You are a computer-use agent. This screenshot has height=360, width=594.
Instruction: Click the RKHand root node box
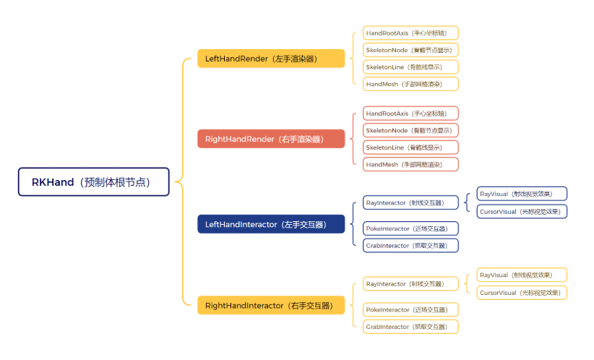click(x=94, y=182)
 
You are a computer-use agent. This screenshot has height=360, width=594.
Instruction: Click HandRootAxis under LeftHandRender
click(x=410, y=33)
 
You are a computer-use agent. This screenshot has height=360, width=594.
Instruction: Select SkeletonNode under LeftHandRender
click(x=410, y=50)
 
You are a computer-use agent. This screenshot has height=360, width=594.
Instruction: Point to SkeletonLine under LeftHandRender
click(x=410, y=67)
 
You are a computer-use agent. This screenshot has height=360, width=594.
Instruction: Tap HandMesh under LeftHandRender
click(x=410, y=84)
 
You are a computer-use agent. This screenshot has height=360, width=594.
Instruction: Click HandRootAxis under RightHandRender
click(x=410, y=113)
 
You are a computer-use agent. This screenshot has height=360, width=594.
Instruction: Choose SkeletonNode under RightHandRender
click(x=410, y=130)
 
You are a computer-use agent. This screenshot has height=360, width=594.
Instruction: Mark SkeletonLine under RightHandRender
click(x=410, y=147)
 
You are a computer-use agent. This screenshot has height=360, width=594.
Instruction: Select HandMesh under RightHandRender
click(x=410, y=164)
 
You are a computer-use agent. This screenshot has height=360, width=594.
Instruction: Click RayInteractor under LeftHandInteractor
click(x=410, y=203)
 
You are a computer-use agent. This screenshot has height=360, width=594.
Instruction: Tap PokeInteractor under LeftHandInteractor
click(x=410, y=228)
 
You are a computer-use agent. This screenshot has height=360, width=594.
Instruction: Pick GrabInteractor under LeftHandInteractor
click(x=410, y=245)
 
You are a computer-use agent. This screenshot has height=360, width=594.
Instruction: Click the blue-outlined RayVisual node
click(x=522, y=194)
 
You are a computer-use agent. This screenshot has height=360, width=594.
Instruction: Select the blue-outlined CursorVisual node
click(x=522, y=211)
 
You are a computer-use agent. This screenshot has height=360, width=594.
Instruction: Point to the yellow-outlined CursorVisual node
click(x=522, y=293)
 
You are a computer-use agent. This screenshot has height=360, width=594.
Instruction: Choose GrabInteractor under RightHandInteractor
click(x=410, y=327)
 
